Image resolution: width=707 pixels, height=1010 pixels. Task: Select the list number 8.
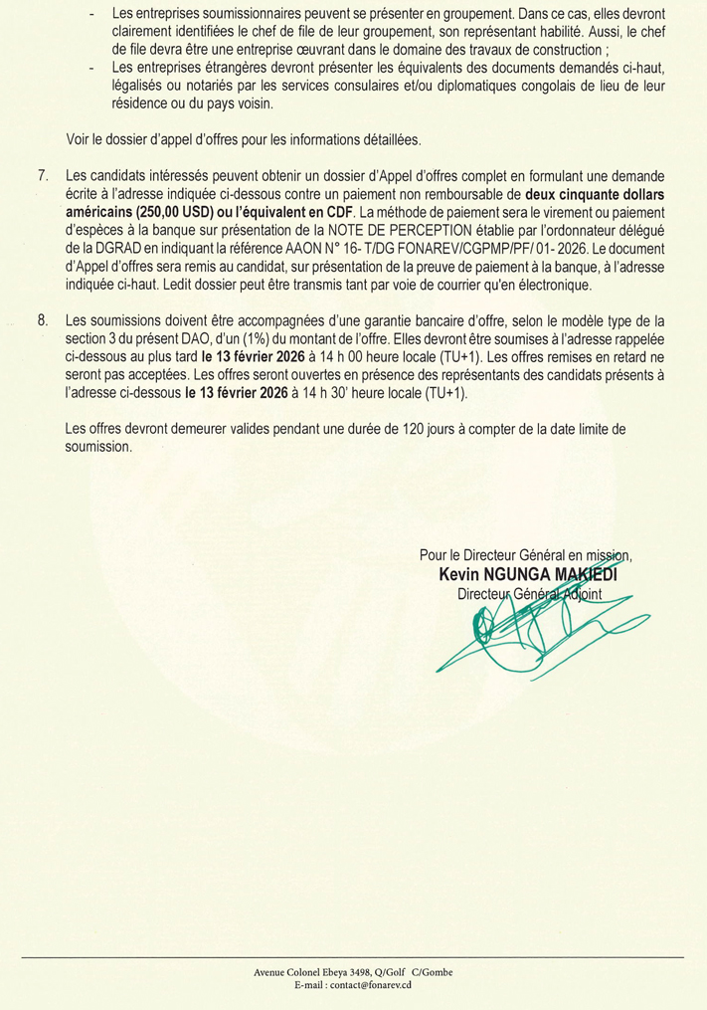point(43,320)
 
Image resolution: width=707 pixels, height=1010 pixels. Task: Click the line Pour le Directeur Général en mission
point(525,557)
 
